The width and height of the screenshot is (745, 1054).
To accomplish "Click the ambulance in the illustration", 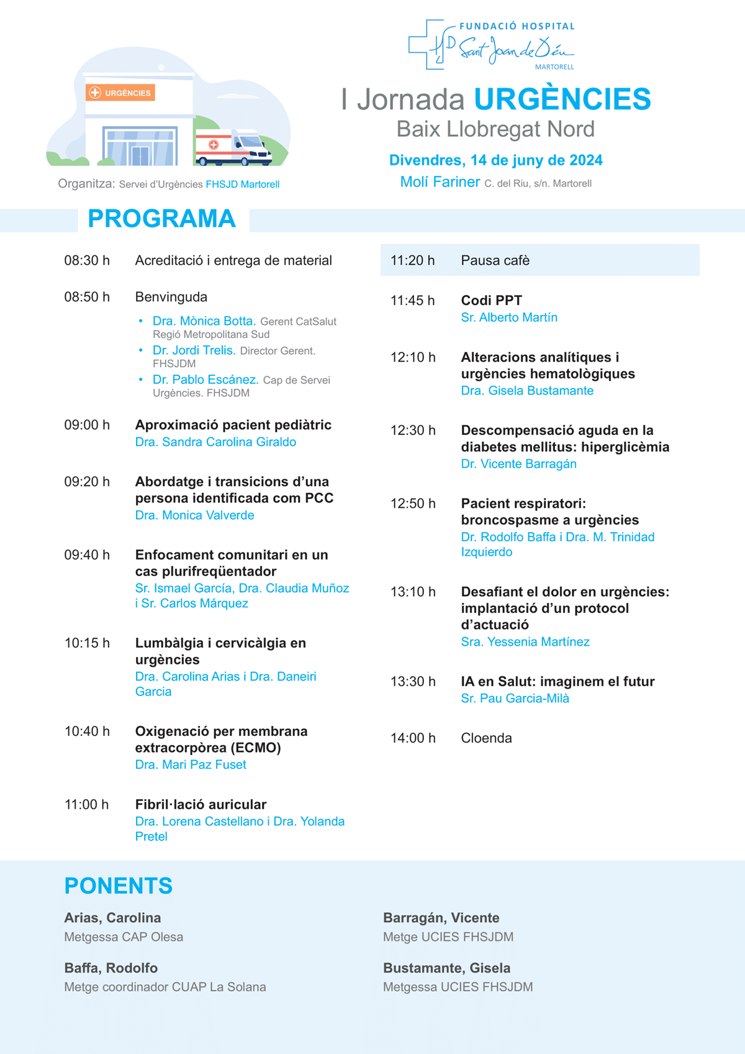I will pos(233,148).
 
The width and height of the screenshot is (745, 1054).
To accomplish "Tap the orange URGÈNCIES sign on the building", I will pos(120,93).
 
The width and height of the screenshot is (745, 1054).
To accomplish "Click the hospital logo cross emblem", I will pos(428,45).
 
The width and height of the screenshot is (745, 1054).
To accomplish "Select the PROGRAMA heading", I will pos(161,219).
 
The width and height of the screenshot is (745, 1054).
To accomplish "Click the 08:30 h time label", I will pos(87,260).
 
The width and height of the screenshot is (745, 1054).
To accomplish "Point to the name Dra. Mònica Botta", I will pos(204,321).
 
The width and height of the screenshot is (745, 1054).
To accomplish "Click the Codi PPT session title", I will pos(491,300).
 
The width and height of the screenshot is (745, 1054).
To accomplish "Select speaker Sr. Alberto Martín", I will pos(509,318).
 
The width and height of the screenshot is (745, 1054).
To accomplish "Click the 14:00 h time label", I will pos(413,738).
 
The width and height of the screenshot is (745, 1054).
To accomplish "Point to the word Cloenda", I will pos(486,738).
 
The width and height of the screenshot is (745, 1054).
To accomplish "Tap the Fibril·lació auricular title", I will pos(201,804).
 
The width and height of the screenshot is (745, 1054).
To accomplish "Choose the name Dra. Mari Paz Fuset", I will pos(191,764).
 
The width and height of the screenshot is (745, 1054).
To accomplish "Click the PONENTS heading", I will pos(118,886).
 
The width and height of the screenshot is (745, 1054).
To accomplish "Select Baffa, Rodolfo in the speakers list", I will pos(111,968).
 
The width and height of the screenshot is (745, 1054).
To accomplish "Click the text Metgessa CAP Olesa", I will pos(124,937).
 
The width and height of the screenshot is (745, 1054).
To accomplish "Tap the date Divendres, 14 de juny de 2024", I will pos(495,160).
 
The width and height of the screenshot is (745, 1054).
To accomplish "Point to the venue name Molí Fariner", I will pos(440,182).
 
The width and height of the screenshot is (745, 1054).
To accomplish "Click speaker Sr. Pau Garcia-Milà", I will pos(515,699).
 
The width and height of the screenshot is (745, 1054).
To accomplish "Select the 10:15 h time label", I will pos(87,643).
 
